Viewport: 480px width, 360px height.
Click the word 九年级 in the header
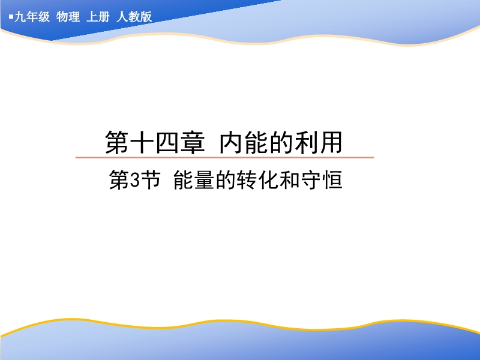(32, 17)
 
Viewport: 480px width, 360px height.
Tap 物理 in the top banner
(68, 17)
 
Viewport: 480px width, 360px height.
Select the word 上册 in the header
(98, 17)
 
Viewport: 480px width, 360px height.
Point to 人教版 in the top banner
(134, 17)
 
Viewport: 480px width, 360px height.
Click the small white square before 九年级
(11, 17)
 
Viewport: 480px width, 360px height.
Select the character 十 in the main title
(142, 142)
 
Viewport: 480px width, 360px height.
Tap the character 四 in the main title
(167, 142)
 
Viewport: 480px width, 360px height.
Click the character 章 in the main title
(193, 142)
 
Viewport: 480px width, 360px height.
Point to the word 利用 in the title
(319, 142)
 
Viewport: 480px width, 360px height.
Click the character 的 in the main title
(282, 142)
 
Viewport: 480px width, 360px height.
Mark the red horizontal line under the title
(224, 157)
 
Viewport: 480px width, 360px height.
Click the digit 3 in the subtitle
(134, 181)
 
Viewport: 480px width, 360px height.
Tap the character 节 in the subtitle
(151, 180)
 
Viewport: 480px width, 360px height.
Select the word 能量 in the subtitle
(193, 180)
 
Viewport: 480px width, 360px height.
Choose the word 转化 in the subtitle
(257, 180)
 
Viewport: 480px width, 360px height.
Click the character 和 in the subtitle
(290, 180)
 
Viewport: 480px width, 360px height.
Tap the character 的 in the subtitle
(226, 180)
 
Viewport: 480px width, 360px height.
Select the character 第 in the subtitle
(119, 180)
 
